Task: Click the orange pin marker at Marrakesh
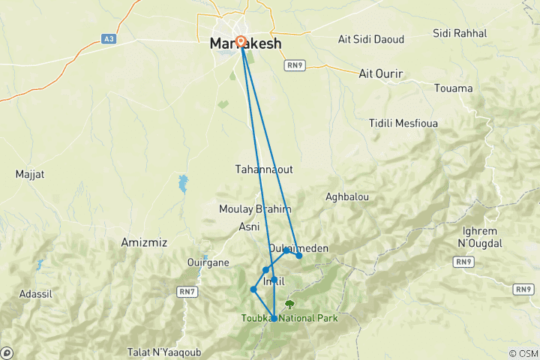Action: (241, 42)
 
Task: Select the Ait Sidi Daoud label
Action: (371, 39)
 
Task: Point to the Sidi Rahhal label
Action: (460, 33)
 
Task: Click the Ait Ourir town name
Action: (381, 73)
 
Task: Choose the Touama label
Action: (454, 88)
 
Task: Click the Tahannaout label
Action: (263, 169)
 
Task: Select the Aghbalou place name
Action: (347, 196)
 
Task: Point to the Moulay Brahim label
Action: (255, 209)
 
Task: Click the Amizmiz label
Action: (143, 242)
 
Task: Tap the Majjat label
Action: (30, 174)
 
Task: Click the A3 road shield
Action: (109, 38)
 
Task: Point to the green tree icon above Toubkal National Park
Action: (289, 304)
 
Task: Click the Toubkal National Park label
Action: (289, 318)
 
